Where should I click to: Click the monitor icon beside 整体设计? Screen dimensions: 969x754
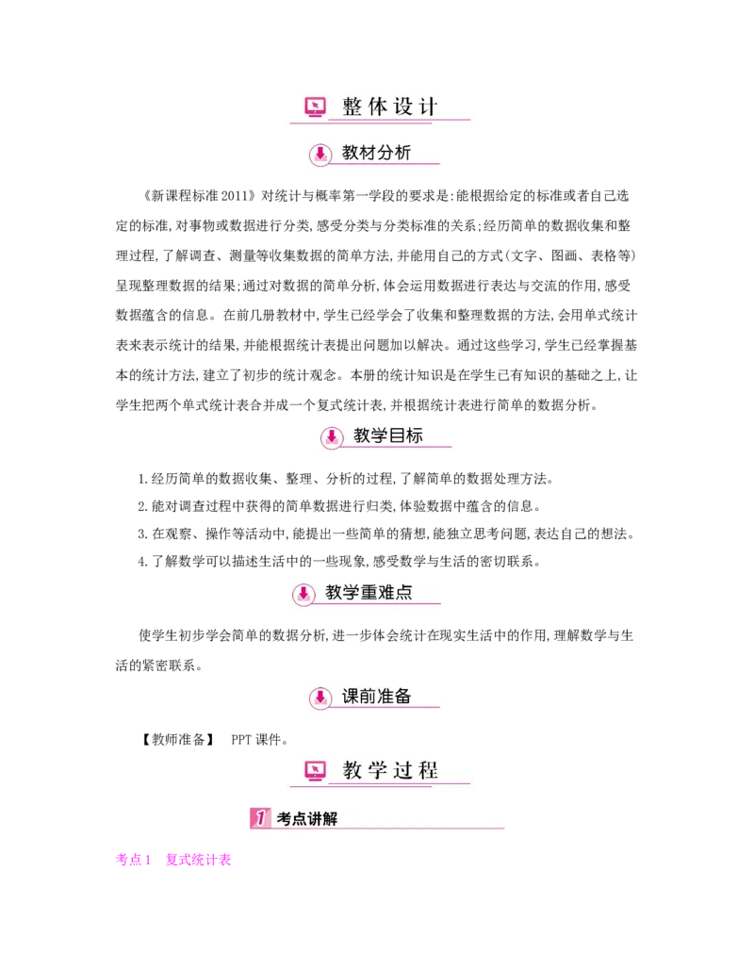click(x=316, y=107)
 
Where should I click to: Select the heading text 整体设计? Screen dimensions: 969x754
click(x=390, y=107)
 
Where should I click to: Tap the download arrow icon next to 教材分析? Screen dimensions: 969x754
click(x=320, y=155)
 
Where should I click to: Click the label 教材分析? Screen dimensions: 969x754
click(x=377, y=153)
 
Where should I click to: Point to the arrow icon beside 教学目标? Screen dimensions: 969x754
click(x=332, y=437)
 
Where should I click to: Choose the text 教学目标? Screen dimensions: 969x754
click(x=388, y=435)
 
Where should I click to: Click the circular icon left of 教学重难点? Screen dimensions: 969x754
click(x=303, y=594)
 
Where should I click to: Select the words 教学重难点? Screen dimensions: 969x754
click(x=369, y=592)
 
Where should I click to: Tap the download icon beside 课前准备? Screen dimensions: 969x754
click(x=320, y=698)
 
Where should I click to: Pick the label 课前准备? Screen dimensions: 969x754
click(x=377, y=697)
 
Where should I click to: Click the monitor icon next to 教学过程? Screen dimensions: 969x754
click(x=316, y=771)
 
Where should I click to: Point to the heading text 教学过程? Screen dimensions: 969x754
click(x=390, y=771)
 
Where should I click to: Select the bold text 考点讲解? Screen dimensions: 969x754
click(x=307, y=819)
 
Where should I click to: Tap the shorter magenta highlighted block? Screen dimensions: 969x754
click(x=132, y=860)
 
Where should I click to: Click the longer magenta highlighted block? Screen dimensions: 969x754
click(x=197, y=860)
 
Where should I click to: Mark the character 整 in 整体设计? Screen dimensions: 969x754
click(x=352, y=107)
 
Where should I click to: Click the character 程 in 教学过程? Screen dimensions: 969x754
click(x=428, y=771)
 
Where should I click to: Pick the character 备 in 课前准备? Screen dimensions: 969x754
click(x=403, y=697)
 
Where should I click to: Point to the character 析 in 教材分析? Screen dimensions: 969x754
click(x=403, y=153)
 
